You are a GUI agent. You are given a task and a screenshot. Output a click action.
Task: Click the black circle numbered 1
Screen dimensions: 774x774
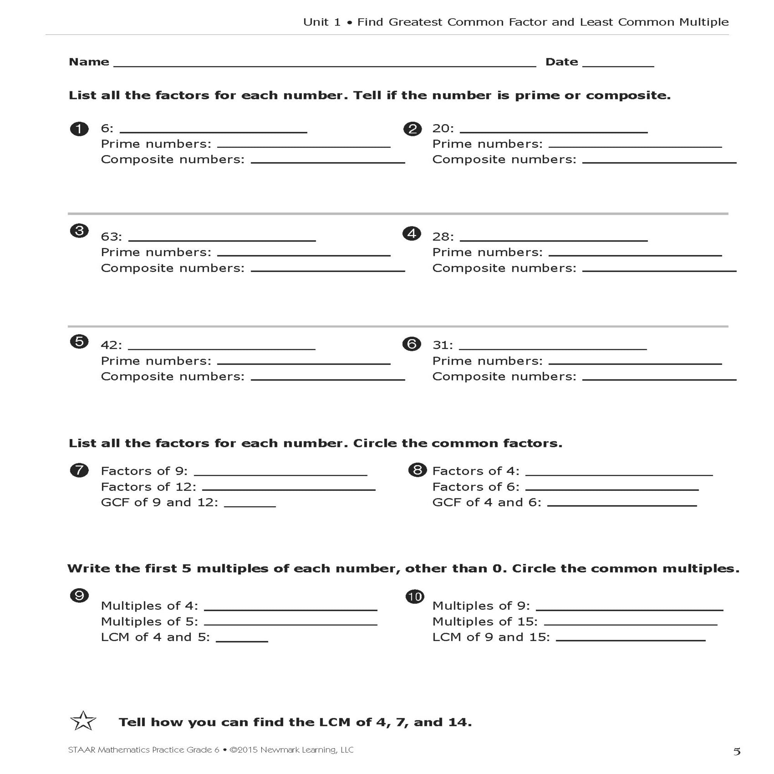[x=79, y=129]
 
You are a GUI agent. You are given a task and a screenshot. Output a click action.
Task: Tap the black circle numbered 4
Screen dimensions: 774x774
[x=412, y=234]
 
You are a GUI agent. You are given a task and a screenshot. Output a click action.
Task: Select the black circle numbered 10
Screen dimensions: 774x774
[x=414, y=596]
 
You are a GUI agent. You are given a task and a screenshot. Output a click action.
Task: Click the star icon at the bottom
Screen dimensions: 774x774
[x=83, y=721]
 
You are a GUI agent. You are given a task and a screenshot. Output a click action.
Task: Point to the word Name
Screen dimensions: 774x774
[x=89, y=62]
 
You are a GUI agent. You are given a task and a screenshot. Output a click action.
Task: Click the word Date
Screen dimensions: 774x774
[x=561, y=62]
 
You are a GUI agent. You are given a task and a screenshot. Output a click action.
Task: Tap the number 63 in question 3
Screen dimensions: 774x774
[x=111, y=237]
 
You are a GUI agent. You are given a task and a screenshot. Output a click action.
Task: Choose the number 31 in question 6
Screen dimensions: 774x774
[x=442, y=345]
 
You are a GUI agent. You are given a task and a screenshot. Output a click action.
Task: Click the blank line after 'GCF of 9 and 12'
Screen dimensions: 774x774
[x=250, y=506]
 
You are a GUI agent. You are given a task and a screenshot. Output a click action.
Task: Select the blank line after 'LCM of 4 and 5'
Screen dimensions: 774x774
[x=241, y=641]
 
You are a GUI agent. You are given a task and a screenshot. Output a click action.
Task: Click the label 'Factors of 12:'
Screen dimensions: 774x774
[x=148, y=487]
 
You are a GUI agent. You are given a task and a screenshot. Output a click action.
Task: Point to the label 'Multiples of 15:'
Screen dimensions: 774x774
[x=485, y=622]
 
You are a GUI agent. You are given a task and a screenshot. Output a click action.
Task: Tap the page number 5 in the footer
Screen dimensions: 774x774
[x=736, y=751]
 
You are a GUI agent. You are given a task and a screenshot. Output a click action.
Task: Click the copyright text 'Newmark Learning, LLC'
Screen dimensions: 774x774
[x=307, y=750]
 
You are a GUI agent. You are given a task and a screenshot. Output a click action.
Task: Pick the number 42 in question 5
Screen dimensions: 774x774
[x=111, y=345]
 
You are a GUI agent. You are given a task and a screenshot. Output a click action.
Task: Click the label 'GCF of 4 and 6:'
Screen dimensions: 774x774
[x=486, y=502]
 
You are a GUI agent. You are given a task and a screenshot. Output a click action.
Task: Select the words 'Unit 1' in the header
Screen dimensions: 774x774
[x=322, y=22]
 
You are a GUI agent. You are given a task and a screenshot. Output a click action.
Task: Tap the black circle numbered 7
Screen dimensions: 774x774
[x=79, y=470]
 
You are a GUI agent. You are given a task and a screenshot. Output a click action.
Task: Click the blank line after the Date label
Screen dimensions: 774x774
[x=618, y=65]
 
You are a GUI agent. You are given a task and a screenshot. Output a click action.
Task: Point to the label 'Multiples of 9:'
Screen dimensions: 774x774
[x=481, y=606]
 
